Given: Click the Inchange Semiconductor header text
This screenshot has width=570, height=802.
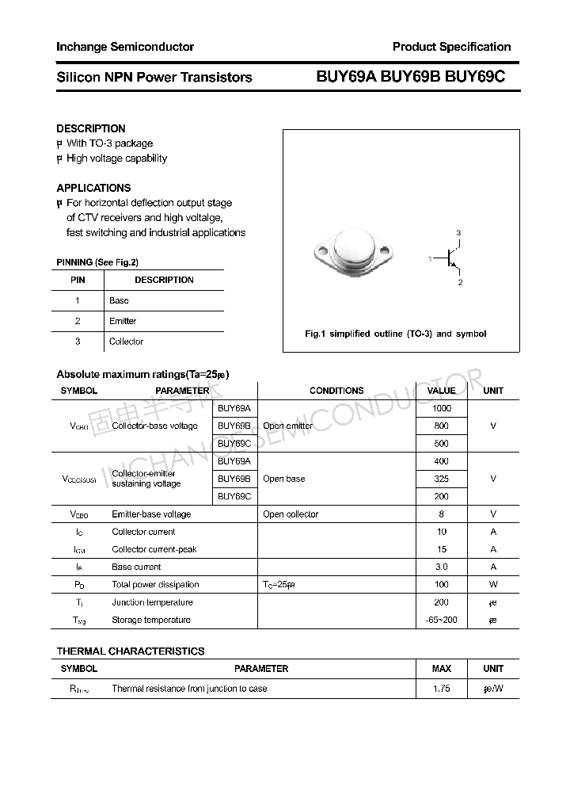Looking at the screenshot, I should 125,47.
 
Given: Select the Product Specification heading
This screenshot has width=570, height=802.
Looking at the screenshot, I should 451,47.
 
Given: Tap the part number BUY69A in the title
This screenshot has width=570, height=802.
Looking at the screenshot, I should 347,77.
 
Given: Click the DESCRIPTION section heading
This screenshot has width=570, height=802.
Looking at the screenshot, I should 91,128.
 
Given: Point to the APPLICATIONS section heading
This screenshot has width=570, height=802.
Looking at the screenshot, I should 93,188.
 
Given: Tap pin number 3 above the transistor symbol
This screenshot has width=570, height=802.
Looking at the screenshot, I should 458,232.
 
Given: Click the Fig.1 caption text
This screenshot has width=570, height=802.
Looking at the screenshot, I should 396,334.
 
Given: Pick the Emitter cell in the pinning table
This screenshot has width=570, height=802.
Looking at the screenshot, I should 123,321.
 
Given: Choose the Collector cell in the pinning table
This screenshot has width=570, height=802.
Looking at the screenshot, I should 126,342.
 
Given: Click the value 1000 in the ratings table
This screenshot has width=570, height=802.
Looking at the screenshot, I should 442,408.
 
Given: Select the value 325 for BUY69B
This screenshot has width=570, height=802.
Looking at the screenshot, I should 442,479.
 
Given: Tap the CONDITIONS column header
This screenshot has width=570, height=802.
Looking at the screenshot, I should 336,391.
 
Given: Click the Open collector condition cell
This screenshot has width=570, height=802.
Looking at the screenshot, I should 291,514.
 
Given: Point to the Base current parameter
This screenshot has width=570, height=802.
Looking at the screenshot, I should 136,567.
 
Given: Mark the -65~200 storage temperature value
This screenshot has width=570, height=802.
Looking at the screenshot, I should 442,620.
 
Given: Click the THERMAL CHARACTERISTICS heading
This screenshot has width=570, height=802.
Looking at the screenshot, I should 131,651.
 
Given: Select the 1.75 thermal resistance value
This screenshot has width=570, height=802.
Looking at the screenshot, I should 442,689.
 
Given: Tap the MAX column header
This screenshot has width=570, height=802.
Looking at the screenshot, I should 442,669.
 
